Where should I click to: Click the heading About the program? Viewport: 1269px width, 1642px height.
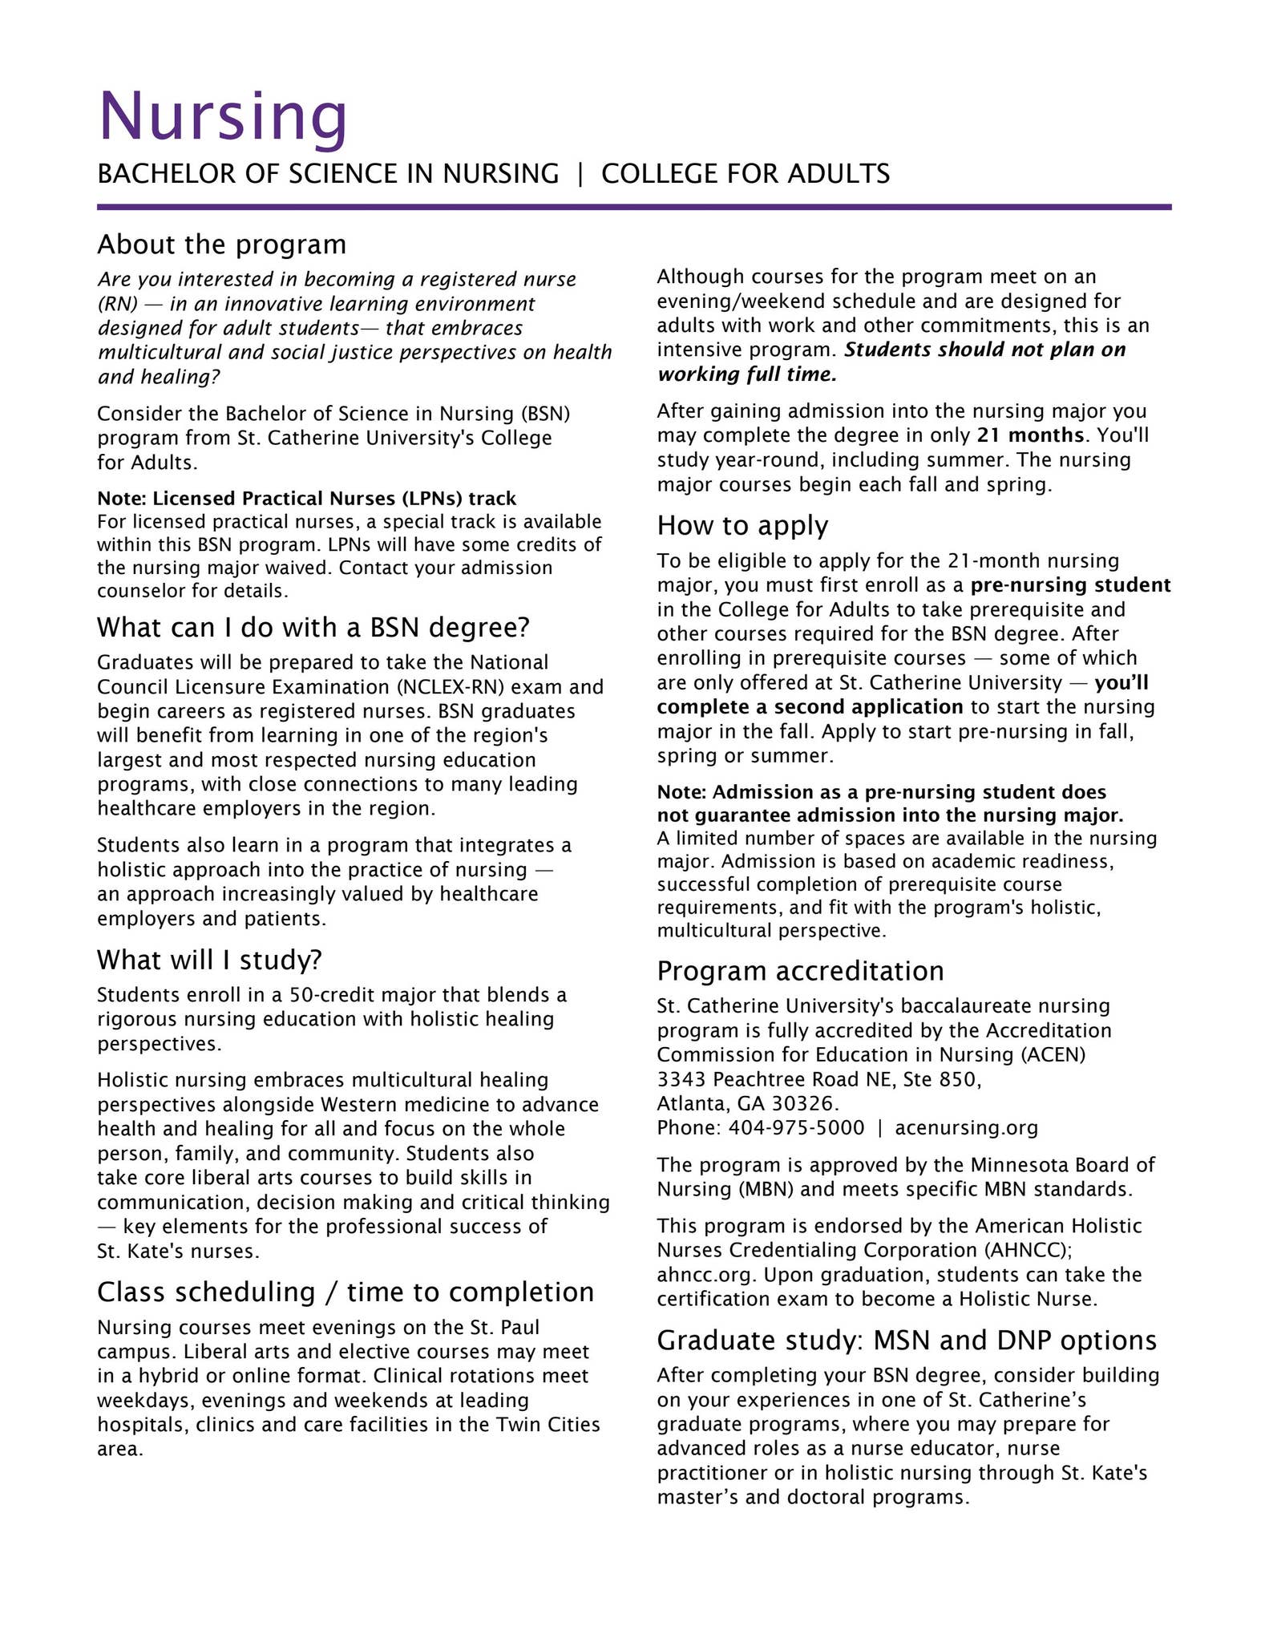click(221, 244)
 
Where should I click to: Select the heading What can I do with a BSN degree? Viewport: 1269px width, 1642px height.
click(313, 627)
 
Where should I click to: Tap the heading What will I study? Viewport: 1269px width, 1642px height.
click(209, 960)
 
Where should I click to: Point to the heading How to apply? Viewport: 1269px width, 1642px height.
click(742, 526)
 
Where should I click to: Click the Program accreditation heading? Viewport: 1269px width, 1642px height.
click(800, 971)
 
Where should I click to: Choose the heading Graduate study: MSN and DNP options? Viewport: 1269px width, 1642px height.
click(907, 1341)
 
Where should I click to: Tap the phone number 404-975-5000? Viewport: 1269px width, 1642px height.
click(796, 1128)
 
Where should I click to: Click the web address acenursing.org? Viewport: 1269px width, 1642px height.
click(966, 1128)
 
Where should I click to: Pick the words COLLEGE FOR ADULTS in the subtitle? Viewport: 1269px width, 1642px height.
click(745, 174)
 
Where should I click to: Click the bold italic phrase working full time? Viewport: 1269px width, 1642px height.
click(746, 374)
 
